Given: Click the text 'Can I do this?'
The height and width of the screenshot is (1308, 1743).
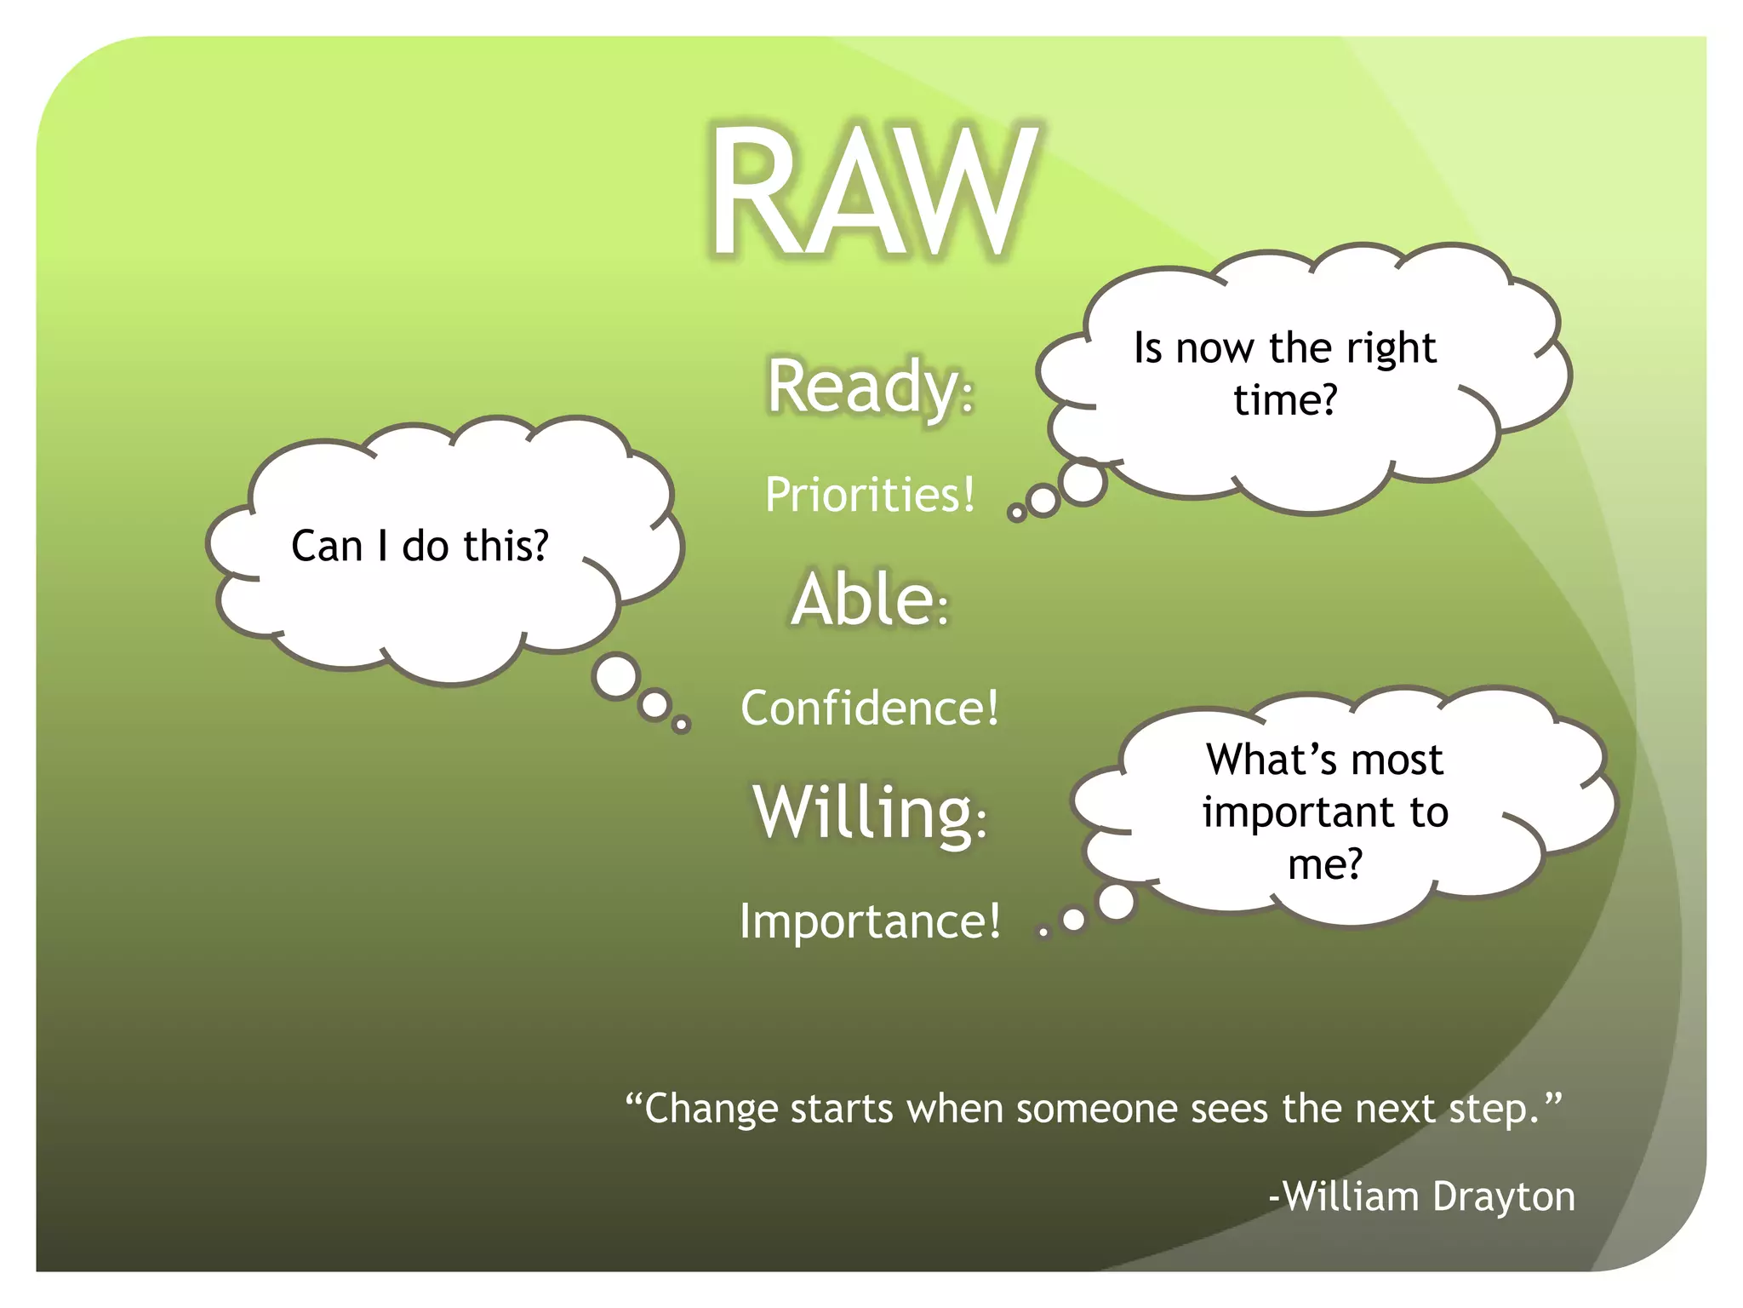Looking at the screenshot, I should [x=420, y=546].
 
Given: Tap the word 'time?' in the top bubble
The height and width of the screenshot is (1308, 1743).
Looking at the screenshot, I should [x=1285, y=400].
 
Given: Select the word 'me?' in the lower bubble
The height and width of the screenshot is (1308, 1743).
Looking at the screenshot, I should [x=1324, y=865].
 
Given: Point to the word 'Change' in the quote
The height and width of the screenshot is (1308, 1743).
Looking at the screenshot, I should [x=711, y=1110].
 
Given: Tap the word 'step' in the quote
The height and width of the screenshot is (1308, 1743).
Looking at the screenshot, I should [x=1494, y=1110].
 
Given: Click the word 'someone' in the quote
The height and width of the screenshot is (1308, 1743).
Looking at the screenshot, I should [x=1098, y=1110].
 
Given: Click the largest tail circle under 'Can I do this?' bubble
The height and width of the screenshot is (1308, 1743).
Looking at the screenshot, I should [x=617, y=677].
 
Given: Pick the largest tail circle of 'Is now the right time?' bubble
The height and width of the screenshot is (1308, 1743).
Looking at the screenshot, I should [x=1083, y=482].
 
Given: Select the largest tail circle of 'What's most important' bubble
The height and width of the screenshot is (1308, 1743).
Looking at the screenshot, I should [x=1117, y=902].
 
